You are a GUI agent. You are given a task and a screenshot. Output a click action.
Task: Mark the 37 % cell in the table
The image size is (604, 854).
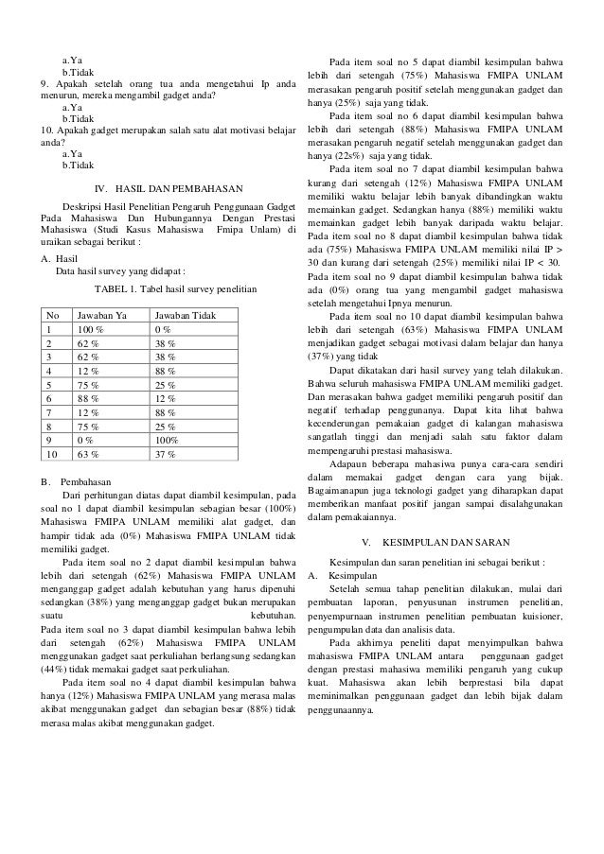(x=166, y=454)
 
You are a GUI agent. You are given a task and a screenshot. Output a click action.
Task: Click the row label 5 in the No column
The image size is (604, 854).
(x=48, y=384)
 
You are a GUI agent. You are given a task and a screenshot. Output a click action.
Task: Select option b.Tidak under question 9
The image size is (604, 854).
(x=78, y=120)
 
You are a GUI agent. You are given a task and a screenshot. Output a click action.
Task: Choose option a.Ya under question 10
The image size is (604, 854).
(x=71, y=150)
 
